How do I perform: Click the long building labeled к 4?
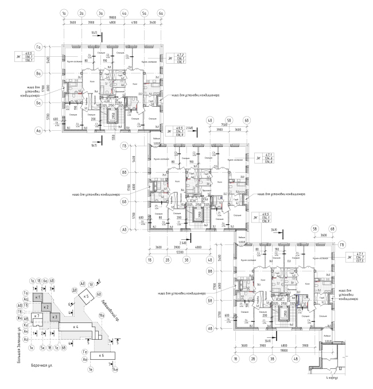point(75,326)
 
